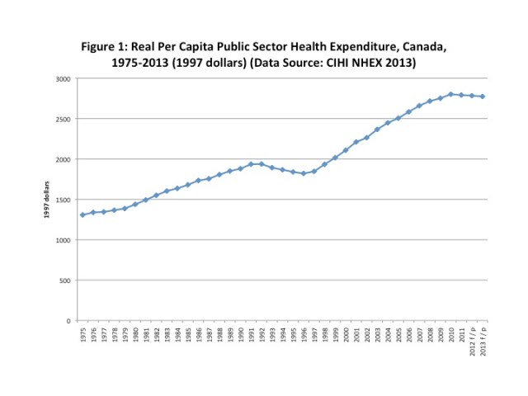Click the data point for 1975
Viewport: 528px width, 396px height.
coord(82,215)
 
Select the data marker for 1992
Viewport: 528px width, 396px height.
coord(262,163)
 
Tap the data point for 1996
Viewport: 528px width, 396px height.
coord(304,173)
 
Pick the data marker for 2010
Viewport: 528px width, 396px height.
coord(451,94)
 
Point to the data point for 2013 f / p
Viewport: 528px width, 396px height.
coord(483,97)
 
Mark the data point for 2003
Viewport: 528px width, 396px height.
coord(377,130)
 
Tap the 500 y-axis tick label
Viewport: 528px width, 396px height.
coord(65,280)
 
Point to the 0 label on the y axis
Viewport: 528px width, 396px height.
coord(68,321)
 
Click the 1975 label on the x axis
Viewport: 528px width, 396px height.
coord(82,334)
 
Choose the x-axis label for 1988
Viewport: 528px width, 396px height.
coord(219,334)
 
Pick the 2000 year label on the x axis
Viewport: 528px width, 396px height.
coord(346,334)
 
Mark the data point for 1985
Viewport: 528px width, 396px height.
coord(187,185)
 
